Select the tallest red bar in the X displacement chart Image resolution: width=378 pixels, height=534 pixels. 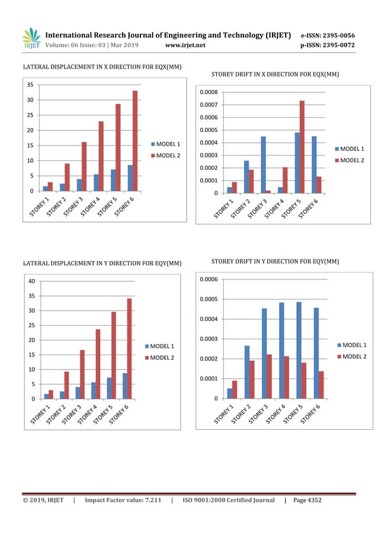[x=134, y=141]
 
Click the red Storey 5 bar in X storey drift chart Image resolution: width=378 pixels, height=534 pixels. [x=302, y=147]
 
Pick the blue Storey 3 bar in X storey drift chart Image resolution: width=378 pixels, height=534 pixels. [x=263, y=165]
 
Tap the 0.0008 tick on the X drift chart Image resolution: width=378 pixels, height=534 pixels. [x=209, y=92]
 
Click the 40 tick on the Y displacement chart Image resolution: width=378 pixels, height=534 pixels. [x=30, y=281]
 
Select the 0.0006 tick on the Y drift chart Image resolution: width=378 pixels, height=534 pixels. [x=209, y=279]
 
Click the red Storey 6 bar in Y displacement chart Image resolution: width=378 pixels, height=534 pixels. [x=130, y=349]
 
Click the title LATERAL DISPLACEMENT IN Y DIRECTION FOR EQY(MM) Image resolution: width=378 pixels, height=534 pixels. [x=102, y=263]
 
